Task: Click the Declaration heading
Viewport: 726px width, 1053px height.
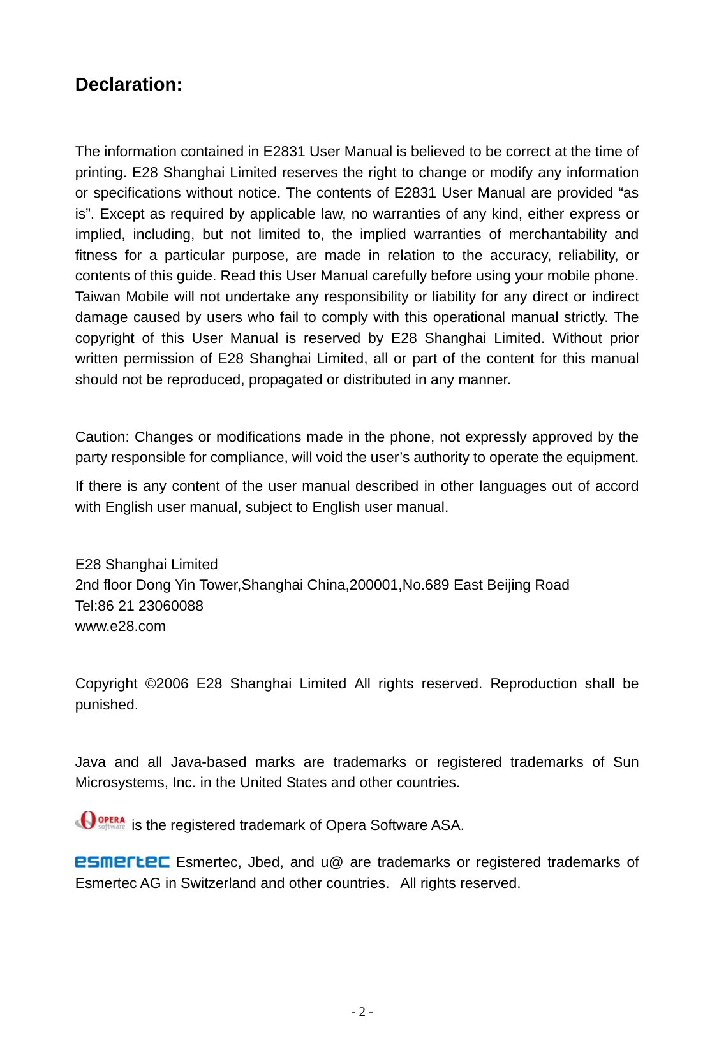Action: click(128, 85)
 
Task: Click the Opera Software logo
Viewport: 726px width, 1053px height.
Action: click(100, 821)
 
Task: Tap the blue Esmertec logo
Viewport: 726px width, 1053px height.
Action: click(122, 862)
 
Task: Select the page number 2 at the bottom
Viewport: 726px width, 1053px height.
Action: click(362, 1012)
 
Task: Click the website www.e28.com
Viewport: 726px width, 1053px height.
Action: click(120, 627)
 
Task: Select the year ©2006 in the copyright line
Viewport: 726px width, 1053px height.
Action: click(167, 684)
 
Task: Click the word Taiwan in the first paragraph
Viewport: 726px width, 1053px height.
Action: click(98, 297)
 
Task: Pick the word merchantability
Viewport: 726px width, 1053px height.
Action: click(557, 235)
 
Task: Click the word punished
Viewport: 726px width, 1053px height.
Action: click(105, 705)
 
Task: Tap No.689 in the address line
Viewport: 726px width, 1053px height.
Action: click(426, 585)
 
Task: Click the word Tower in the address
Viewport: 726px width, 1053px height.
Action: click(219, 585)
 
